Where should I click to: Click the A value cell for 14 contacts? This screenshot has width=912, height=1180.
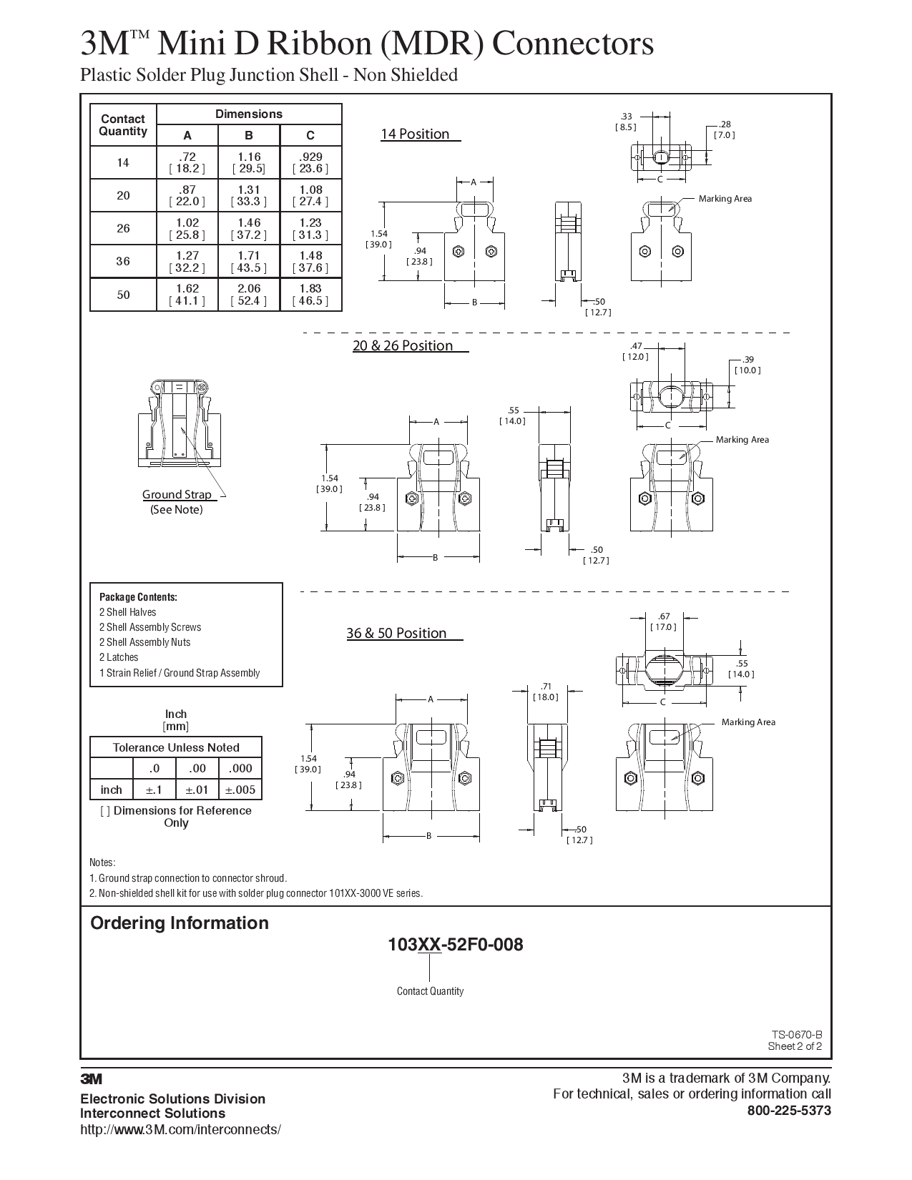pyautogui.click(x=187, y=162)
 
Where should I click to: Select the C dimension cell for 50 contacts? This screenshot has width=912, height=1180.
pyautogui.click(x=310, y=294)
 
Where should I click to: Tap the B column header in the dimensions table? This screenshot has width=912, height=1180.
pyautogui.click(x=249, y=135)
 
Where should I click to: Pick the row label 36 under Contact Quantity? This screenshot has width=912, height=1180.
pyautogui.click(x=123, y=261)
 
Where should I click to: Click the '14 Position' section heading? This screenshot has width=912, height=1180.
pyautogui.click(x=415, y=134)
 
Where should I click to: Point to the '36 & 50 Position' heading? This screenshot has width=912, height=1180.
pyautogui.click(x=396, y=633)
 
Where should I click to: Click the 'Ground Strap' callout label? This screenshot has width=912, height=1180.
pyautogui.click(x=177, y=494)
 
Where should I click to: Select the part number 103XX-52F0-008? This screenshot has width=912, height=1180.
pyautogui.click(x=456, y=945)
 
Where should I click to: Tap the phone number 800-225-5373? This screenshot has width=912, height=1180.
pyautogui.click(x=789, y=1111)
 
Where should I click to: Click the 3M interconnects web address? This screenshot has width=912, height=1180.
pyautogui.click(x=180, y=1129)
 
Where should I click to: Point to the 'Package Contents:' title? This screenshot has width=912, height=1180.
pyautogui.click(x=138, y=597)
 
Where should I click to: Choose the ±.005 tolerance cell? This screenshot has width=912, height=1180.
pyautogui.click(x=240, y=790)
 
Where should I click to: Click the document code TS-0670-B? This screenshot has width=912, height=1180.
pyautogui.click(x=796, y=1034)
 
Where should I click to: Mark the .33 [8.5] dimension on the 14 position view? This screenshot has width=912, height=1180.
pyautogui.click(x=626, y=122)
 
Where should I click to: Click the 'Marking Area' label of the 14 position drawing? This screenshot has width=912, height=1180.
pyautogui.click(x=725, y=199)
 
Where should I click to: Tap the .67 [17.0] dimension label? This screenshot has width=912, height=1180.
pyautogui.click(x=663, y=621)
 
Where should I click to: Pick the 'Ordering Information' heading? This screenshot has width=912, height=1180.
pyautogui.click(x=180, y=923)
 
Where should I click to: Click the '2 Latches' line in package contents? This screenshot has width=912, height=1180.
pyautogui.click(x=119, y=657)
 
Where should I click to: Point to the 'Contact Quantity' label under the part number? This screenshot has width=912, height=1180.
pyautogui.click(x=430, y=991)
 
